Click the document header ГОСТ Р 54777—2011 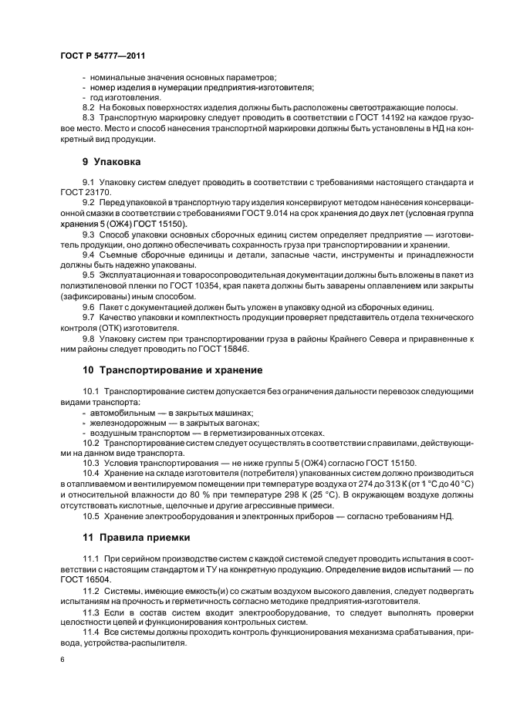click(102, 56)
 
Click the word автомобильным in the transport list click(123, 412)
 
